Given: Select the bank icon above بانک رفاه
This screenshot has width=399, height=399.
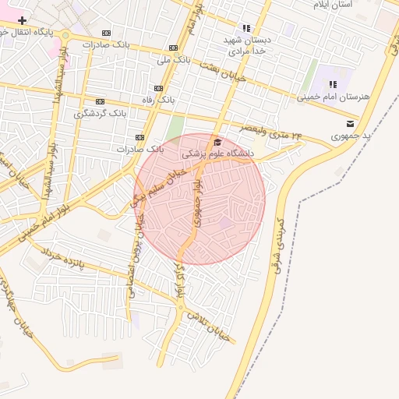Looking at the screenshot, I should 159,88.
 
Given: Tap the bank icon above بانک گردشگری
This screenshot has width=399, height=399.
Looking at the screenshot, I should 100,101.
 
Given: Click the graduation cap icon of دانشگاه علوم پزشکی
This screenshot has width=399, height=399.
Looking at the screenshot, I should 217,142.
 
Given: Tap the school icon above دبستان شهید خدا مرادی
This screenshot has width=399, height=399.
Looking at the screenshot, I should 247,28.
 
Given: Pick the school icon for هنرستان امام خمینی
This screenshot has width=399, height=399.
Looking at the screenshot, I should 333,84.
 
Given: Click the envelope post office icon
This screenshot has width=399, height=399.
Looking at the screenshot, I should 350,123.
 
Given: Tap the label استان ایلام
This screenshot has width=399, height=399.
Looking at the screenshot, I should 333,5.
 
